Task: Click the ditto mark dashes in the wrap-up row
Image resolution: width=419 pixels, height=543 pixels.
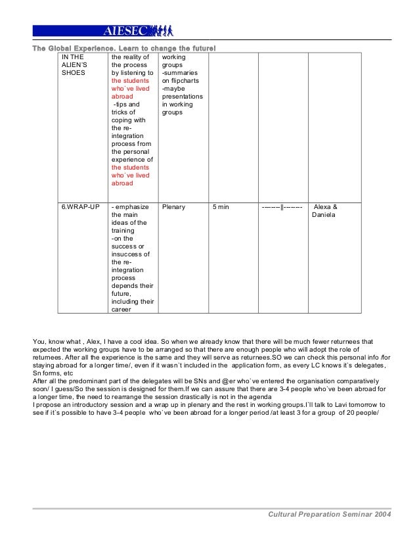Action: (x=282, y=207)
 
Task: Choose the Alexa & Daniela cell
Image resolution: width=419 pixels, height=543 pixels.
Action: (x=326, y=211)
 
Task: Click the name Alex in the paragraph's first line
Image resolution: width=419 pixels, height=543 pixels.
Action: (x=95, y=342)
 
